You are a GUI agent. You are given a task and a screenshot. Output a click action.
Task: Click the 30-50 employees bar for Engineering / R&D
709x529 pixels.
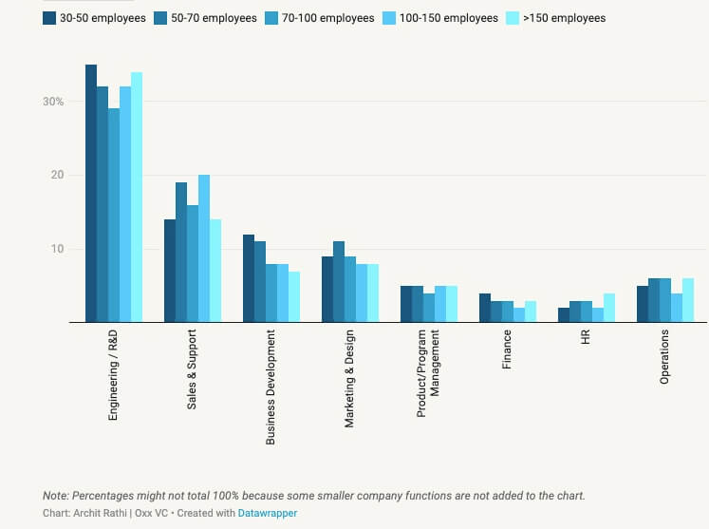tap(91, 194)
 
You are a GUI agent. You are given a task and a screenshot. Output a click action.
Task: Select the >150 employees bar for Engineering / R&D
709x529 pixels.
tap(137, 198)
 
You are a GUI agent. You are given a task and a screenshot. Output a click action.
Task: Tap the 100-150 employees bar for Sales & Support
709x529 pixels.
tap(204, 249)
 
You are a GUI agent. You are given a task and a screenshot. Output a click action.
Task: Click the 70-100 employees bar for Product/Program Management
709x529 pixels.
tap(428, 308)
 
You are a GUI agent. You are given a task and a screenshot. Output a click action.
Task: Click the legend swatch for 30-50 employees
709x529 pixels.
tap(49, 18)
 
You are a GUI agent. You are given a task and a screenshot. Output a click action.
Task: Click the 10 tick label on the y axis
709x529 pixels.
tap(57, 249)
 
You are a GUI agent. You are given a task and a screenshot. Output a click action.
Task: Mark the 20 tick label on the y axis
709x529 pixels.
tap(57, 176)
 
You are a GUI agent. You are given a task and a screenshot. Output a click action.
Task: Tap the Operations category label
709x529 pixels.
tap(664, 357)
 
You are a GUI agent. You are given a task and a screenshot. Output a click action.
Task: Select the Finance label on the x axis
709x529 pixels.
tap(507, 350)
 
